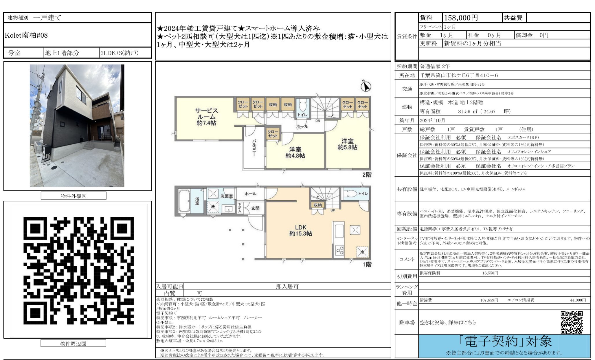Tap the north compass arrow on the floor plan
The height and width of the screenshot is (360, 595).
click(x=366, y=86)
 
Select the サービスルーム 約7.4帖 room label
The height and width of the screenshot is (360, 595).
click(x=206, y=117)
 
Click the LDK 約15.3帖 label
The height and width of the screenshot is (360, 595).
click(x=301, y=230)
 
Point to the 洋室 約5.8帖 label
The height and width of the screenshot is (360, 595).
click(x=347, y=144)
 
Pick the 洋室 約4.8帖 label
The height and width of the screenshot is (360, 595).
click(x=295, y=153)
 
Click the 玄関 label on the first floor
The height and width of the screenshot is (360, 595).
click(x=255, y=208)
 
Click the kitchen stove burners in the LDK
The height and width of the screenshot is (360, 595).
click(x=339, y=250)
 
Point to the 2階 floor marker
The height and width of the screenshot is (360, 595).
click(x=367, y=175)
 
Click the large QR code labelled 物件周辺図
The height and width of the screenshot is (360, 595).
click(x=78, y=270)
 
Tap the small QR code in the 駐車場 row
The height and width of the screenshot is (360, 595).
click(x=571, y=322)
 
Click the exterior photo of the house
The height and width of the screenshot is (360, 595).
click(x=77, y=126)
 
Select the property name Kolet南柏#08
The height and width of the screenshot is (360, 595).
click(x=26, y=35)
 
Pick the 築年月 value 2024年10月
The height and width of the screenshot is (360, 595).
click(x=432, y=120)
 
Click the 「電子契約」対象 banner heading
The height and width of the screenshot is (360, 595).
click(x=505, y=342)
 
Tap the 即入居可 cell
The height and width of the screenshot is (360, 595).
click(x=287, y=286)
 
